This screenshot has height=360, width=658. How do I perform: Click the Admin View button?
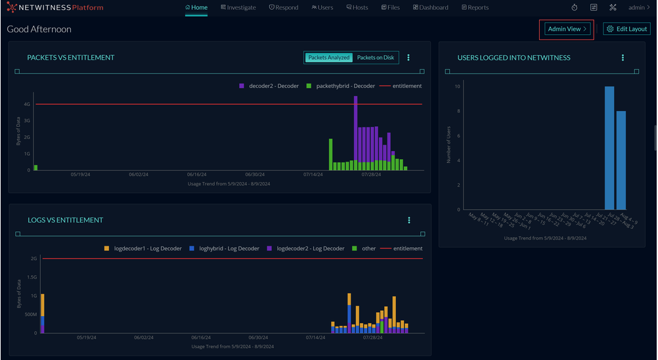pos(567,29)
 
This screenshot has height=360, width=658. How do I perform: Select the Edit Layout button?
pos(627,29)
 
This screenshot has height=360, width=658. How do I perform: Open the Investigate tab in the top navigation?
pos(238,8)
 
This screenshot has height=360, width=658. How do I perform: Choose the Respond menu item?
pos(284,8)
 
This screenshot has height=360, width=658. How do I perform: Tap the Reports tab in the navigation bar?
pos(475,8)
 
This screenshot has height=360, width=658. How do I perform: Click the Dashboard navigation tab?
pos(431,8)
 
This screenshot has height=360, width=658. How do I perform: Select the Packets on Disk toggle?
pos(376,58)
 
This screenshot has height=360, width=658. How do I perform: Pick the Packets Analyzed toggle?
pos(328,58)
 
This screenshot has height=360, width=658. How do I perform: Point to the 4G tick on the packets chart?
pos(27,104)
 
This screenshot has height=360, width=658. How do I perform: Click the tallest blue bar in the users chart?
pos(609,148)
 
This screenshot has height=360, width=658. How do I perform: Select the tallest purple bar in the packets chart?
pos(355,128)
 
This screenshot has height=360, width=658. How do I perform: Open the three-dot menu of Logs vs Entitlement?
pos(409,220)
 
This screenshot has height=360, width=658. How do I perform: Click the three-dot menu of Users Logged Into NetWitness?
pos(623,58)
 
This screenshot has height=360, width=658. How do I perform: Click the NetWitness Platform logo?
pos(55,8)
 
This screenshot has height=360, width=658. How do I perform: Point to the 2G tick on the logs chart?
pos(33,259)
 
